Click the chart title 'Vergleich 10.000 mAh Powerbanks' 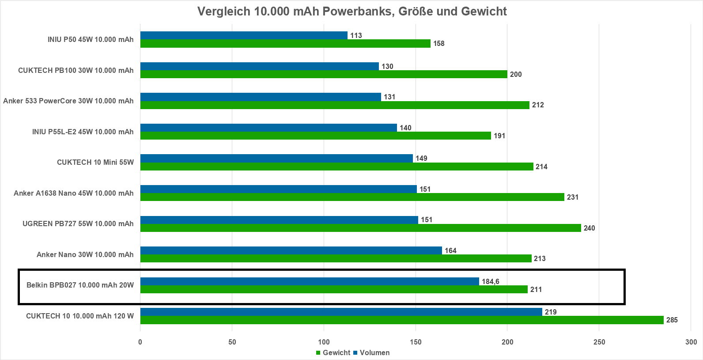tap(352, 11)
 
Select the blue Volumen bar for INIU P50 tap(244, 35)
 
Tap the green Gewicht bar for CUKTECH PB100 tap(324, 74)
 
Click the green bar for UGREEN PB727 tap(360, 228)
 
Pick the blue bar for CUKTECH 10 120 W tap(341, 312)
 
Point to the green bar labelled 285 tap(402, 320)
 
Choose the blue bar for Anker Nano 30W tap(291, 250)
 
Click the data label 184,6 tap(491, 282)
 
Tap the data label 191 tap(499, 136)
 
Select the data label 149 tap(421, 159)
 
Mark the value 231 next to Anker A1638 tap(573, 197)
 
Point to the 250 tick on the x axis tap(599, 342)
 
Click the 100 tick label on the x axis tap(324, 342)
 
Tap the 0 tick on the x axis tap(140, 342)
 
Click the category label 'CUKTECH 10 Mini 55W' tap(95, 162)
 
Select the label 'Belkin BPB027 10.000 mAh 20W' tap(80, 285)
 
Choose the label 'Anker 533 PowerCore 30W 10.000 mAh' tap(68, 101)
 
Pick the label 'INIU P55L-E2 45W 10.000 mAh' tap(83, 132)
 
